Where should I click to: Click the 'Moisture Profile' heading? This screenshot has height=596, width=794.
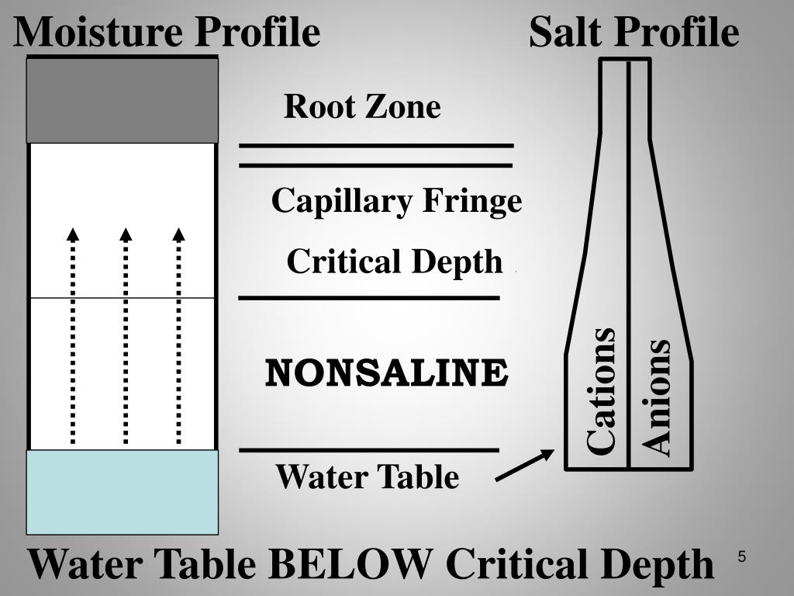pyautogui.click(x=167, y=33)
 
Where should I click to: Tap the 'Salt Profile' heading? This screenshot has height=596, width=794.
pyautogui.click(x=633, y=33)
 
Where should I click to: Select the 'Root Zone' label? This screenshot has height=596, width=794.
pyautogui.click(x=362, y=106)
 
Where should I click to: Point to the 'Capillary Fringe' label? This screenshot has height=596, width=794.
pyautogui.click(x=396, y=202)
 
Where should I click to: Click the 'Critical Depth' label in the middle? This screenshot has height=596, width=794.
pyautogui.click(x=395, y=262)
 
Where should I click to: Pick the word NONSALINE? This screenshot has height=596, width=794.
pyautogui.click(x=386, y=373)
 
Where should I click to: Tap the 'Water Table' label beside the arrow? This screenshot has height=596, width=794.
pyautogui.click(x=368, y=476)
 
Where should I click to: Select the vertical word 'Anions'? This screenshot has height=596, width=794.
pyautogui.click(x=656, y=397)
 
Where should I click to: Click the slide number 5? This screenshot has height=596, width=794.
pyautogui.click(x=742, y=556)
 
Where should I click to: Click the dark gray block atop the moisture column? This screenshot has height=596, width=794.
pyautogui.click(x=123, y=101)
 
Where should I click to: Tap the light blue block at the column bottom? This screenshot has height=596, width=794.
pyautogui.click(x=123, y=493)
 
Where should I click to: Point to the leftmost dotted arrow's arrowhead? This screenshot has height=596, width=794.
pyautogui.click(x=73, y=234)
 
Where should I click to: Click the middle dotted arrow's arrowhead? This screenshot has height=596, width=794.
pyautogui.click(x=126, y=234)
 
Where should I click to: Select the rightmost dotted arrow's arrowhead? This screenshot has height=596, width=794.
pyautogui.click(x=179, y=234)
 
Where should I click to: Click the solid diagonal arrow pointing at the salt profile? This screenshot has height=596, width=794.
pyautogui.click(x=525, y=466)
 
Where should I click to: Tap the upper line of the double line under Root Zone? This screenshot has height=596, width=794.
pyautogui.click(x=376, y=146)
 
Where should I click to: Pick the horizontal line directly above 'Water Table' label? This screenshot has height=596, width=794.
pyautogui.click(x=369, y=449)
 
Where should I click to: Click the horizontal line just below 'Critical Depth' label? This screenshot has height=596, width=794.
pyautogui.click(x=369, y=298)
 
